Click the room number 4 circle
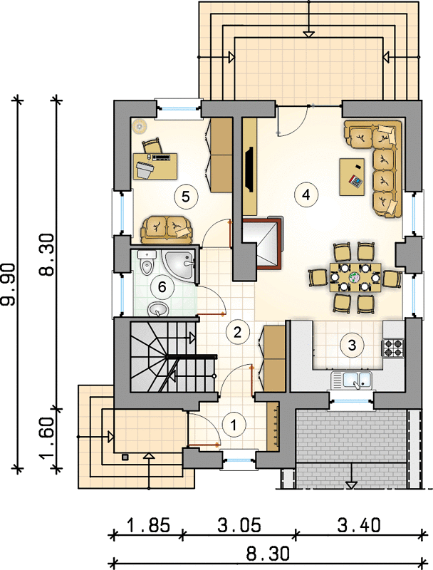(306, 195)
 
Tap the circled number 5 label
(186, 197)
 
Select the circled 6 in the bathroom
(162, 287)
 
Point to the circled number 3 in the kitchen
(352, 345)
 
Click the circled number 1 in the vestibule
(234, 424)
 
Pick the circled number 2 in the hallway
(238, 331)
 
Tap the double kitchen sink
(352, 380)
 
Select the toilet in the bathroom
(147, 262)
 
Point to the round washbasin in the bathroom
(158, 310)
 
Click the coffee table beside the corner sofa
(352, 177)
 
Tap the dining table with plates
(355, 278)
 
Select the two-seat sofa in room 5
(167, 229)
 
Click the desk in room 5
(155, 166)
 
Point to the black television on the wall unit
(249, 168)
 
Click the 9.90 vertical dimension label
(9, 284)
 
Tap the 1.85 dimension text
(149, 525)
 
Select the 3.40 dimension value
(359, 525)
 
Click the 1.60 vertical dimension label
(48, 438)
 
